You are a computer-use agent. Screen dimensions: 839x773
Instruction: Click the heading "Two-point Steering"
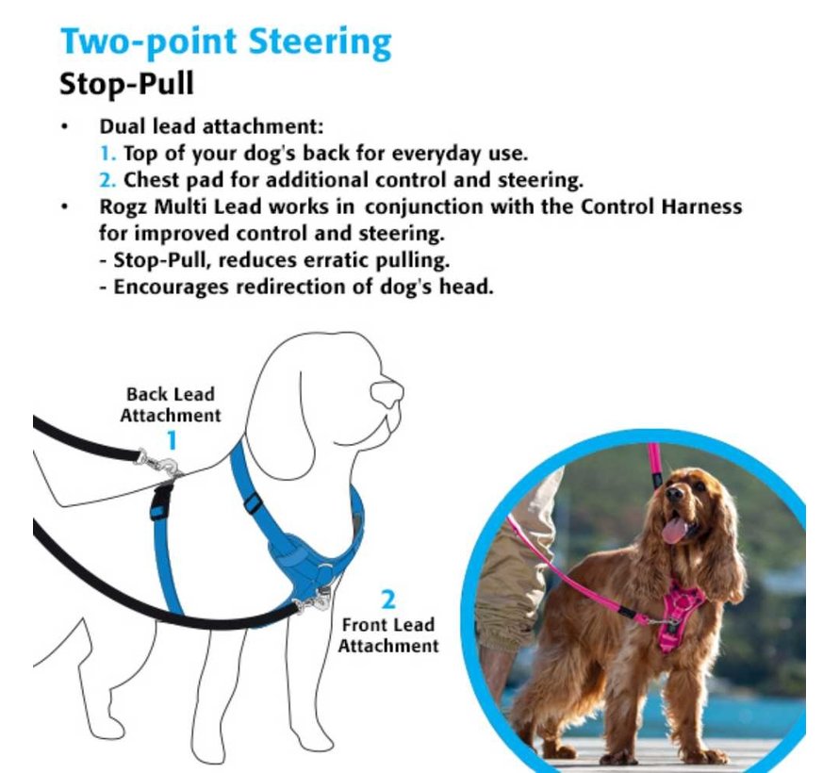pos(226,42)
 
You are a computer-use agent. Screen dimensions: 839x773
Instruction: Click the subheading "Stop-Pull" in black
pos(126,85)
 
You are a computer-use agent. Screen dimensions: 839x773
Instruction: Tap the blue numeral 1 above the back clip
pos(172,441)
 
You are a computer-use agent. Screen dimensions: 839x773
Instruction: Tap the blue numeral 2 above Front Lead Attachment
pos(388,600)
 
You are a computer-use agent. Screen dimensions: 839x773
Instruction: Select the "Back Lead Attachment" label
pos(170,404)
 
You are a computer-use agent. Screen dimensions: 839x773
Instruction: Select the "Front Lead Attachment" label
pos(388,635)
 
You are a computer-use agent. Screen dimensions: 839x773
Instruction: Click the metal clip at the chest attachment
pos(316,600)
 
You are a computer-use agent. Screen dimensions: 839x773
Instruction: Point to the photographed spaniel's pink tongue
pos(674,529)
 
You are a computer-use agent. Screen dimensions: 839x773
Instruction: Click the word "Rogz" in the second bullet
pos(123,207)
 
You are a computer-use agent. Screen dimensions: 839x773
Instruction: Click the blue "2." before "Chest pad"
pos(108,180)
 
